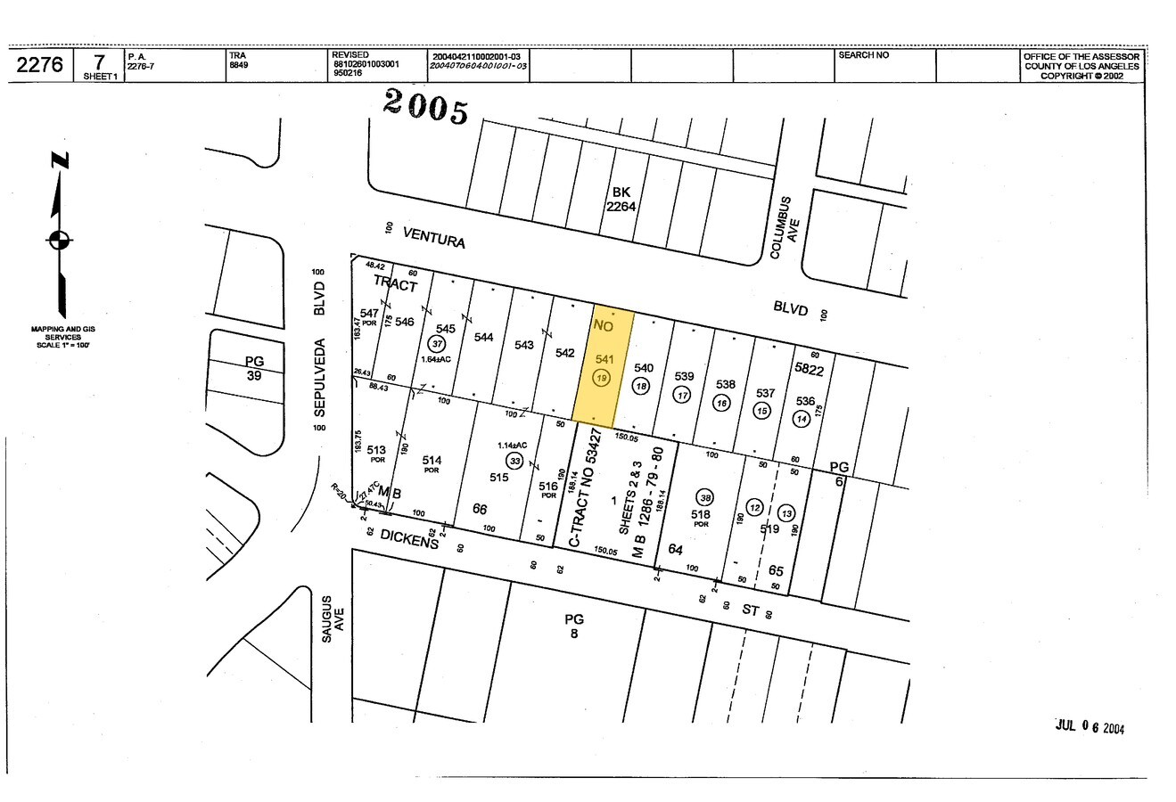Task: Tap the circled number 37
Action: click(437, 344)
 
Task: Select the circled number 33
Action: click(514, 461)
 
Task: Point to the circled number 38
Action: click(705, 498)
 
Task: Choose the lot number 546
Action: click(405, 322)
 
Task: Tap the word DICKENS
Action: click(409, 538)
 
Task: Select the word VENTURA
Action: click(434, 237)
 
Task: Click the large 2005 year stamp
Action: click(426, 107)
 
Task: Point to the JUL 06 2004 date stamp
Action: click(1090, 727)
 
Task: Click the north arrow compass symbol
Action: click(60, 238)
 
